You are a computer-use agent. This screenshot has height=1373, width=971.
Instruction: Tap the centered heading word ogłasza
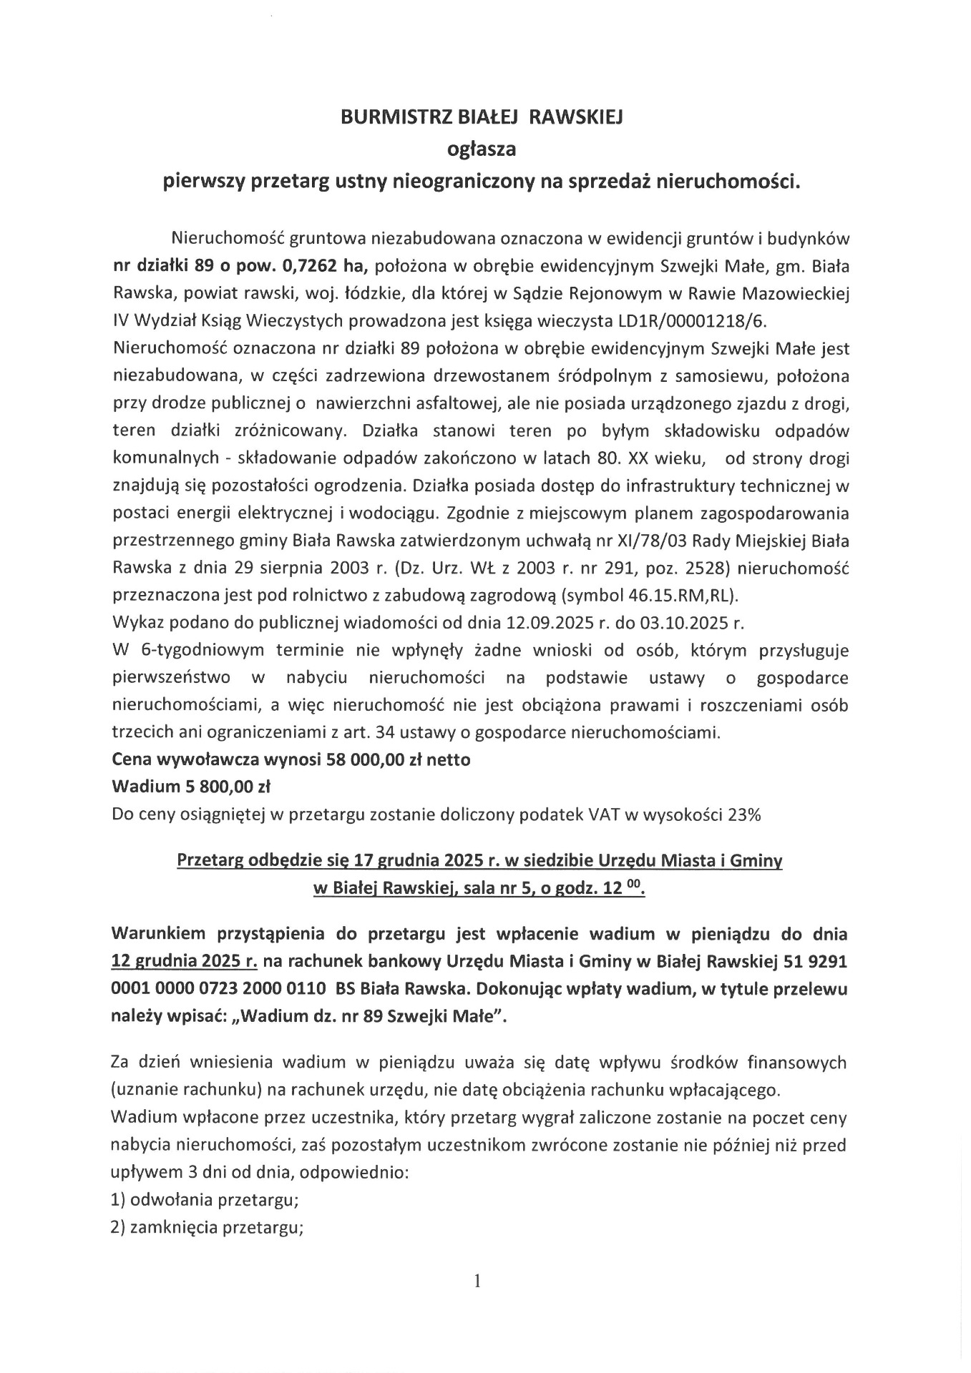pos(481,149)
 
